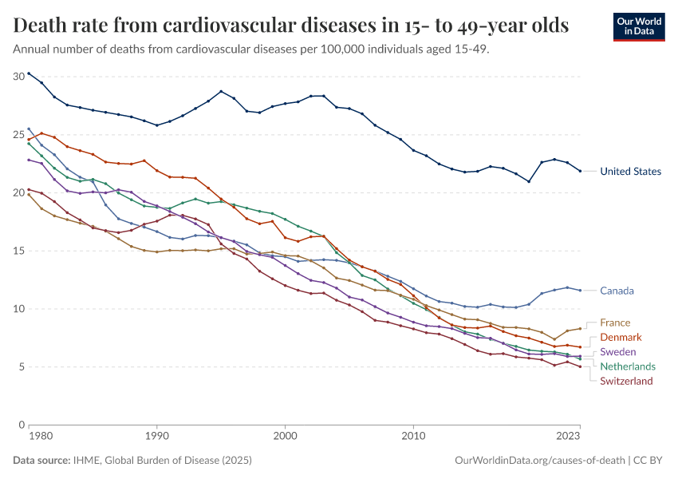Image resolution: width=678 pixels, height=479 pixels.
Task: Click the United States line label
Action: tap(630, 171)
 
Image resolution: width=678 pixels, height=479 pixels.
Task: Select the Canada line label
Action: tap(617, 291)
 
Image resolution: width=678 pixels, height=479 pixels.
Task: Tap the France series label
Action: tap(615, 323)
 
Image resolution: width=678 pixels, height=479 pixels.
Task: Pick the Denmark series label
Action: tap(621, 338)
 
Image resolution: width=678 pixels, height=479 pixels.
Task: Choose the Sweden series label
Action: tap(619, 352)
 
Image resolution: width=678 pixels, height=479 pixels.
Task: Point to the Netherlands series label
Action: tap(628, 366)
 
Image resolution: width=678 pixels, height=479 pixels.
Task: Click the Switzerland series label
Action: tap(626, 381)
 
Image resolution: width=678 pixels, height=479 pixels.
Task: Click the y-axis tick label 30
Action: tap(18, 77)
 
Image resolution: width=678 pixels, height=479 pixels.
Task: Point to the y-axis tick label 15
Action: tap(18, 251)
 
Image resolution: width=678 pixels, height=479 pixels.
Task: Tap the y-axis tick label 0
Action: tap(22, 425)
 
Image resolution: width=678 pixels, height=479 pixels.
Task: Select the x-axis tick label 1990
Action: tap(156, 437)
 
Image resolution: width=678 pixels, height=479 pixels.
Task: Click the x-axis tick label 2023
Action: tap(568, 437)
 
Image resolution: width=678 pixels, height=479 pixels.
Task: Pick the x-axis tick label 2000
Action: tap(285, 437)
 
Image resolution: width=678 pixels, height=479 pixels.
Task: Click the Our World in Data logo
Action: tap(639, 26)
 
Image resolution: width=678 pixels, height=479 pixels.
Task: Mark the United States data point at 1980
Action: tap(29, 73)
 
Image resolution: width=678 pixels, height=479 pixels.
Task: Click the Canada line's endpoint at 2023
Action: tap(580, 290)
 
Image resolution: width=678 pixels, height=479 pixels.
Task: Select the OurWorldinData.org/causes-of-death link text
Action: tap(539, 461)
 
